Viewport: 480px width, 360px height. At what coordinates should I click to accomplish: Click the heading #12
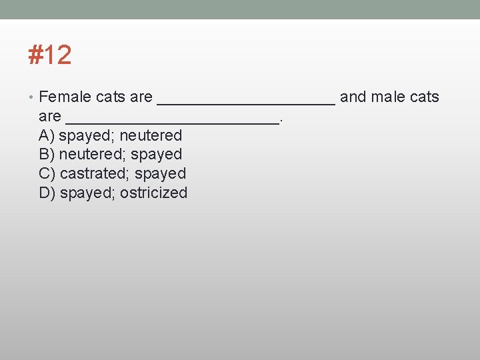(49, 55)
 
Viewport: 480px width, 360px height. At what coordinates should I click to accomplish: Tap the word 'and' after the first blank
(353, 97)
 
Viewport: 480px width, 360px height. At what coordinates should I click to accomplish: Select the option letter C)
(47, 174)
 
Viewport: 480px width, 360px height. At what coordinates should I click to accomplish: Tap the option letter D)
(47, 193)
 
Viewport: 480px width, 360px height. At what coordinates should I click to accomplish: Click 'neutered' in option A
(151, 136)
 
